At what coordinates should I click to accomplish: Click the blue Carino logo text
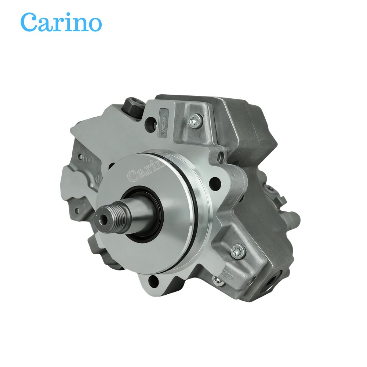(61, 22)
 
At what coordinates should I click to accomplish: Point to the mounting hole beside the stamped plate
(150, 122)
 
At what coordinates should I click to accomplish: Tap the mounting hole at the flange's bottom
(154, 282)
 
